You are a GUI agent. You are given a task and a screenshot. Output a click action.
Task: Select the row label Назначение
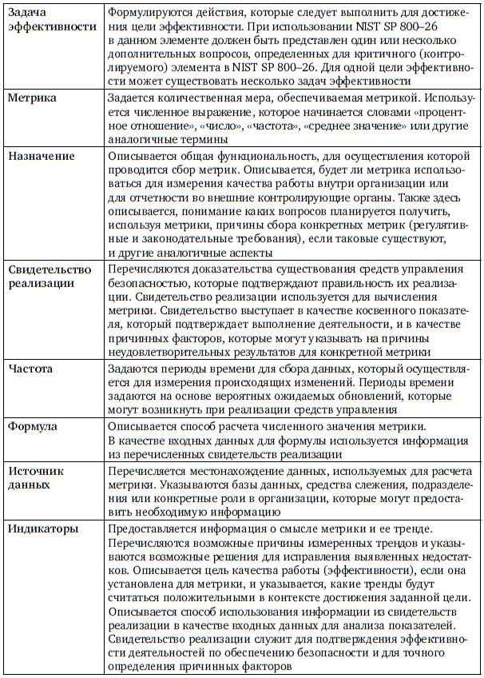tap(41, 156)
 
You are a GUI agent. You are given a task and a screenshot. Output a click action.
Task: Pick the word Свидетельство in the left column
tap(50, 269)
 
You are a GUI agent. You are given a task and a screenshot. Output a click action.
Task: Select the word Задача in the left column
tap(30, 11)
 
